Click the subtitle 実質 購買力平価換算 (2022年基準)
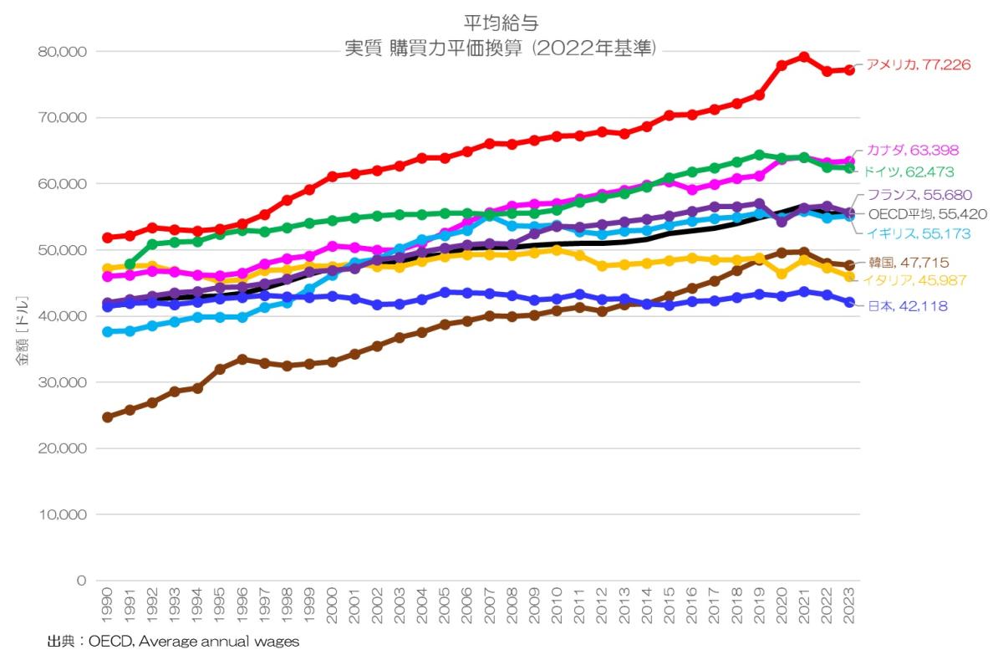pyautogui.click(x=501, y=49)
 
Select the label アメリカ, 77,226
pyautogui.click(x=918, y=64)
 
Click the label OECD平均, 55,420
pyautogui.click(x=927, y=214)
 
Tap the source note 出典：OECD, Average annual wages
pyautogui.click(x=172, y=642)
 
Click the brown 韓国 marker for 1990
pyautogui.click(x=107, y=417)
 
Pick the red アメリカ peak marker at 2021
pyautogui.click(x=804, y=57)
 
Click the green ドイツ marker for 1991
pyautogui.click(x=130, y=264)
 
